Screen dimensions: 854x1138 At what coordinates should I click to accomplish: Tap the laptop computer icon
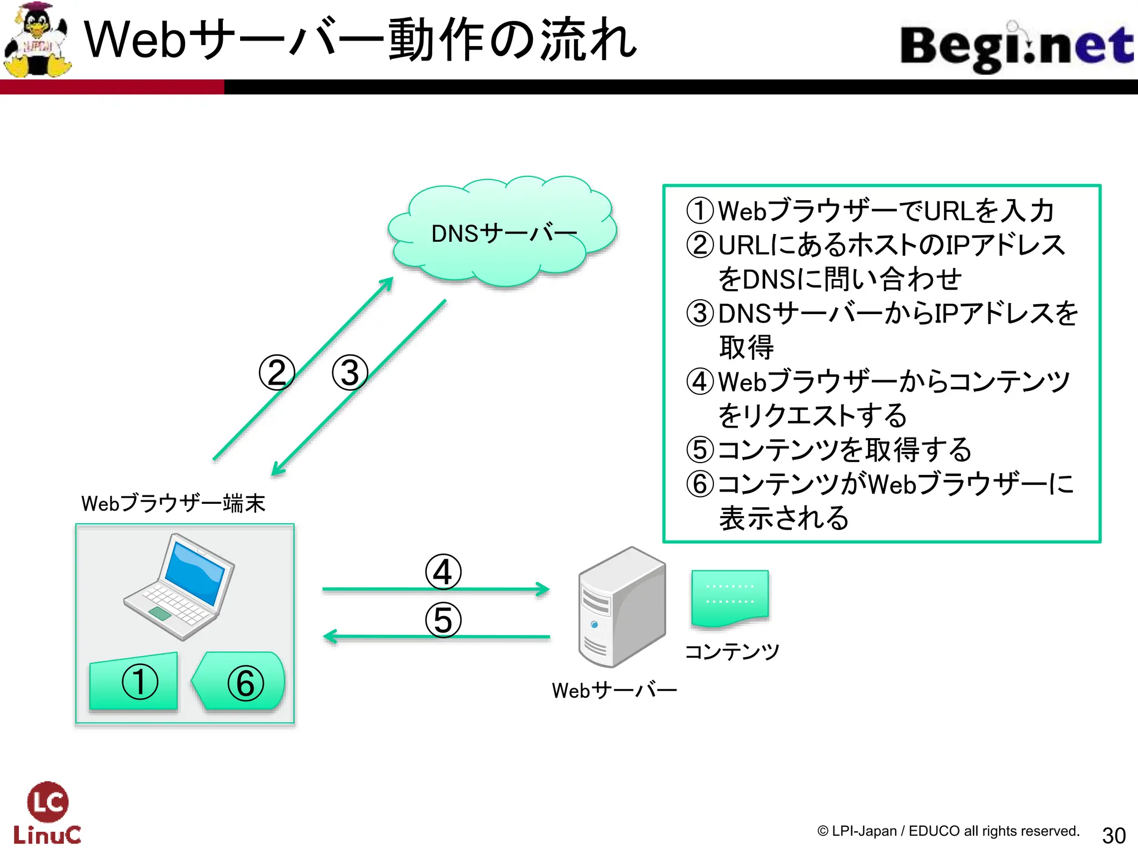point(179,587)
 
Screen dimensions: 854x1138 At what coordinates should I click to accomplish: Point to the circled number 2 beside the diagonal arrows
point(277,373)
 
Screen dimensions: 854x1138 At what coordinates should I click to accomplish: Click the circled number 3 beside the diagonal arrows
point(350,373)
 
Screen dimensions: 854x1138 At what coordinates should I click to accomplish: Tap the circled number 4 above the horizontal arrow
point(443,572)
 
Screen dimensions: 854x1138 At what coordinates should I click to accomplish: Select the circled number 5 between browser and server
point(443,620)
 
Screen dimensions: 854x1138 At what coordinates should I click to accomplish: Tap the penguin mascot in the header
point(38,40)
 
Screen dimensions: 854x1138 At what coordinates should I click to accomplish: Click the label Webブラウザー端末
point(173,503)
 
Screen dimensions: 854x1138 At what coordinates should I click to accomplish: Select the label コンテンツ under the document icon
point(732,651)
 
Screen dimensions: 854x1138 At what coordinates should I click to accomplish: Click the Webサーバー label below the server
point(614,691)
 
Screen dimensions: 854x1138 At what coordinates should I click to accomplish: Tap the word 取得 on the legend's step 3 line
point(746,347)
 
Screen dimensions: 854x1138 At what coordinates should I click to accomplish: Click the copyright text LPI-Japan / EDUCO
point(948,831)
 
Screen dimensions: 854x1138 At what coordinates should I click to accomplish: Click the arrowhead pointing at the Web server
point(542,589)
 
